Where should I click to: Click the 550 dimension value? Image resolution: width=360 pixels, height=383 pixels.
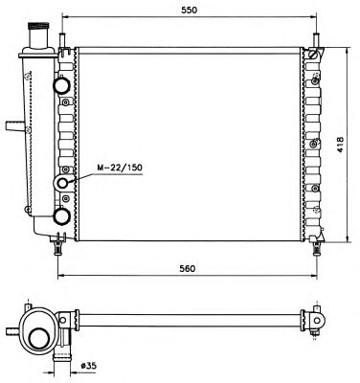click(190, 10)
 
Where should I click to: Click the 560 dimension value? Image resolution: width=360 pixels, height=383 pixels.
click(187, 268)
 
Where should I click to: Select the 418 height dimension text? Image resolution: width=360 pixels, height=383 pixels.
click(340, 145)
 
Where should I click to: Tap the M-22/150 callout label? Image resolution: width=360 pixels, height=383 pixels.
click(120, 168)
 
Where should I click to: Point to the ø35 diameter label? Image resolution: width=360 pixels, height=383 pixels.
click(89, 366)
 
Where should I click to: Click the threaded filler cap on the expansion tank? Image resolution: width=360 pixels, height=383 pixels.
click(38, 26)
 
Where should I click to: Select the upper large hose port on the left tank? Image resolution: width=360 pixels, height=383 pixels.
click(61, 84)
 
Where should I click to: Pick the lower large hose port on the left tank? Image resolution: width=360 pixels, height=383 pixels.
click(61, 216)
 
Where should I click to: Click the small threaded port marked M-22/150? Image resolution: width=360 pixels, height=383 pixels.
click(63, 183)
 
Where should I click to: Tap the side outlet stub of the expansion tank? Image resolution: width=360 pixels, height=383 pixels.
click(15, 125)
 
